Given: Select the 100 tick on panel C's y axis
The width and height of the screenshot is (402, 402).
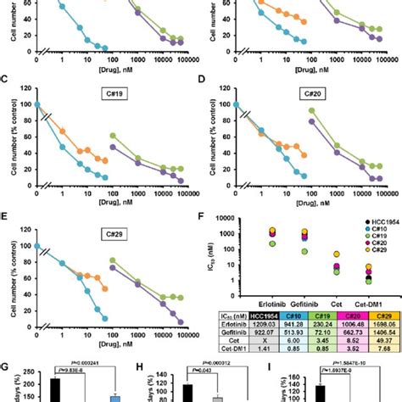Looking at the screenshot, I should [26, 104].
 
